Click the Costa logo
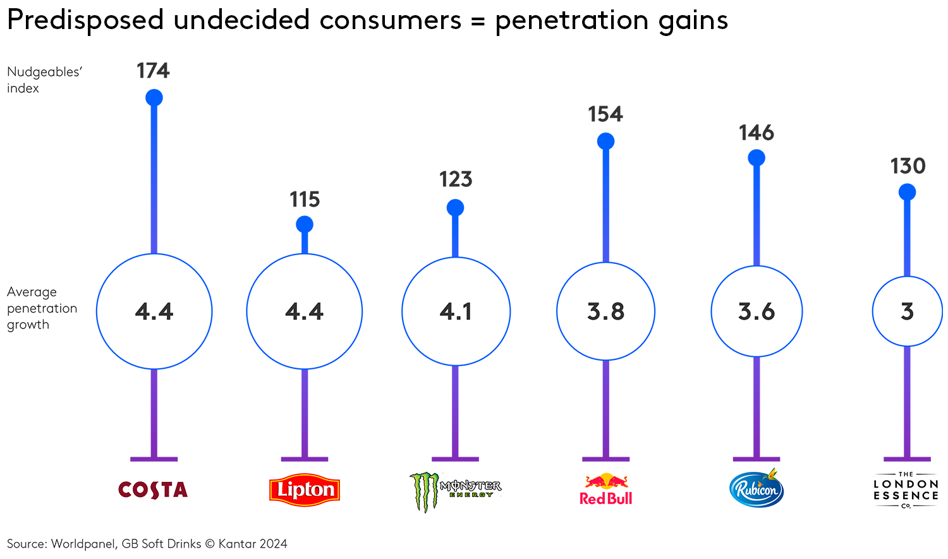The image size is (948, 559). pyautogui.click(x=153, y=490)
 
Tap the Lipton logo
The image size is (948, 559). pyautogui.click(x=305, y=490)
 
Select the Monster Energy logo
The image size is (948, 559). pyautogui.click(x=455, y=491)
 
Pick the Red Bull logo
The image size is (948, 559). pyautogui.click(x=606, y=490)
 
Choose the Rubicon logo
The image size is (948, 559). pyautogui.click(x=757, y=489)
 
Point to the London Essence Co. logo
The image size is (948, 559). pyautogui.click(x=906, y=490)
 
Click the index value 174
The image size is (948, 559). pyautogui.click(x=153, y=71)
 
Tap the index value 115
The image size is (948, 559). pyautogui.click(x=305, y=200)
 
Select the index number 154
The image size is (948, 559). pyautogui.click(x=605, y=114)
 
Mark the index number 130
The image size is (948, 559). pyautogui.click(x=908, y=166)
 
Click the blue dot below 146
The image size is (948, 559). pyautogui.click(x=757, y=158)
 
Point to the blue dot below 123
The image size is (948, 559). pyautogui.click(x=455, y=208)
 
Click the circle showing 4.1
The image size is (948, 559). pyautogui.click(x=456, y=311)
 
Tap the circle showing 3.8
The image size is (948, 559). pyautogui.click(x=605, y=311)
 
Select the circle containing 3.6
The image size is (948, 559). pyautogui.click(x=757, y=311)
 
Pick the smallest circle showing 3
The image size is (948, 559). pyautogui.click(x=908, y=311)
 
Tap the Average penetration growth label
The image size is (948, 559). pyautogui.click(x=42, y=308)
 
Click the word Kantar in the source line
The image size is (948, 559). pyautogui.click(x=234, y=544)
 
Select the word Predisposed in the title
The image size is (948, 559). pyautogui.click(x=85, y=20)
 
